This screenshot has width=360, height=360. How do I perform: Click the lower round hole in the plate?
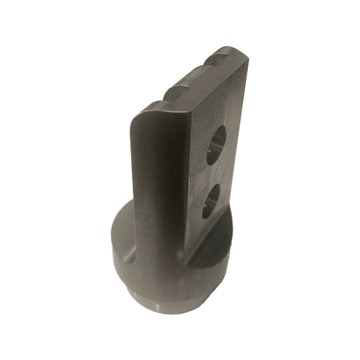click(x=210, y=201)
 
